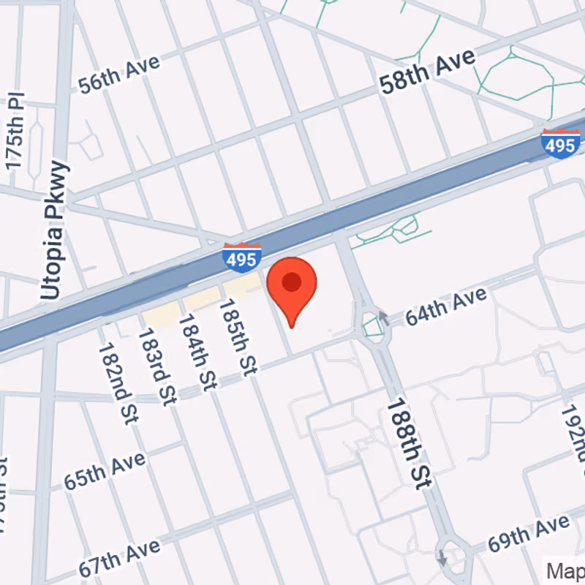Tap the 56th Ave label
pyautogui.click(x=119, y=74)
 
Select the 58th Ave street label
pyautogui.click(x=427, y=71)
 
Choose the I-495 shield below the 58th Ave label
pyautogui.click(x=561, y=143)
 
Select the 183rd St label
pyautogui.click(x=158, y=366)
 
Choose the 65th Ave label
pyautogui.click(x=105, y=471)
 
